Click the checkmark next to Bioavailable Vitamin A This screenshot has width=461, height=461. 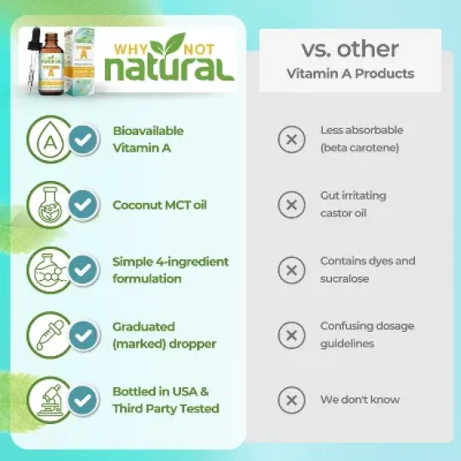tap(82, 139)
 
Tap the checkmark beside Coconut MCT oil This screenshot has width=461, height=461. tap(82, 205)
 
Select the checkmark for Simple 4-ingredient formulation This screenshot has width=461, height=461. tap(82, 270)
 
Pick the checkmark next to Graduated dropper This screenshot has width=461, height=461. tap(82, 335)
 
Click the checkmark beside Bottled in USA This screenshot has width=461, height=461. tap(82, 400)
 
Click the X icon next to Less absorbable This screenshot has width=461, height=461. tap(291, 139)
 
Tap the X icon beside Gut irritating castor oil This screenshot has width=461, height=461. tap(291, 205)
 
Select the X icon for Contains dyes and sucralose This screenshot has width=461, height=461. tap(291, 270)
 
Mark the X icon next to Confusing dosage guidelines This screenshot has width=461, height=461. tap(291, 335)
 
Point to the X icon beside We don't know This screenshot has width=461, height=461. tap(291, 400)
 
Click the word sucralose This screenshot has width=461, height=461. tap(344, 278)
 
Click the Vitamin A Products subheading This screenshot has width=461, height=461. tap(350, 74)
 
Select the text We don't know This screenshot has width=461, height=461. tap(360, 400)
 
